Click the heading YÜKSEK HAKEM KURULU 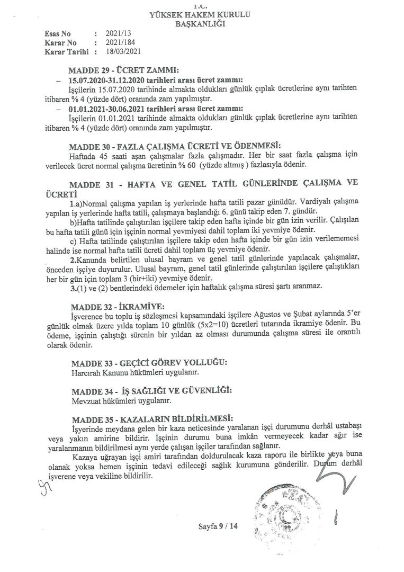202,15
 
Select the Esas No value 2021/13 114,33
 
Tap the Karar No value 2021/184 116,42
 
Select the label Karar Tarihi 67,51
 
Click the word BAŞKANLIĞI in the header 202,24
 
